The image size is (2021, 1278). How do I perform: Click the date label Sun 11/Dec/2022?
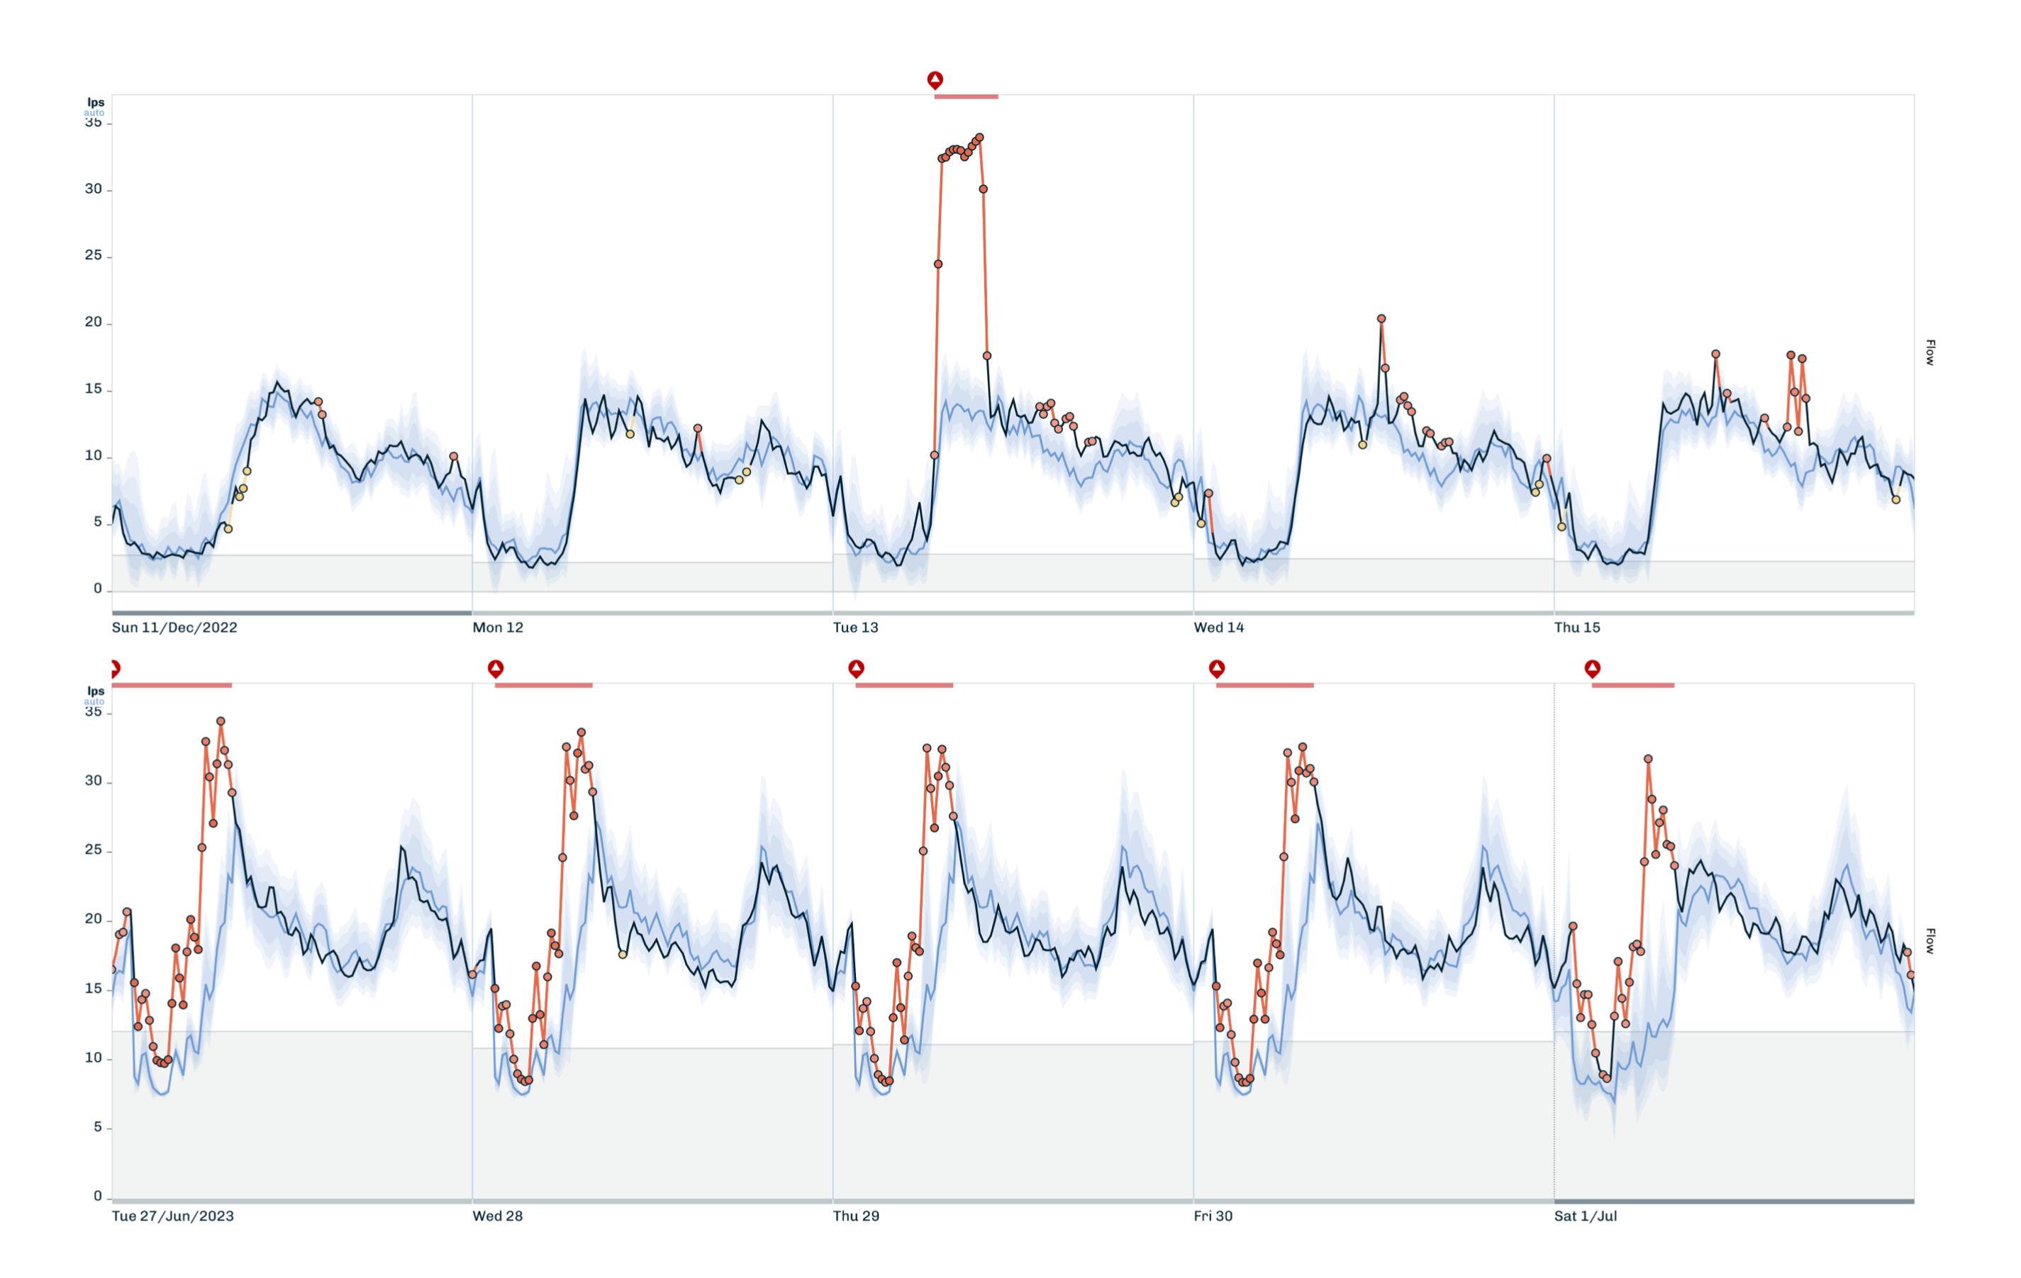click(174, 628)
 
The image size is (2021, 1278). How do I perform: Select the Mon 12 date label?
click(498, 628)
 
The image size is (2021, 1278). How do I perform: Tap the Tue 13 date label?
click(855, 628)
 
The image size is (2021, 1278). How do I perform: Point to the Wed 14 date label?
click(1219, 628)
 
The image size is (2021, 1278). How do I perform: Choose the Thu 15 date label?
click(1577, 628)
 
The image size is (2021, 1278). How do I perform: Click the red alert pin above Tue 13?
click(935, 79)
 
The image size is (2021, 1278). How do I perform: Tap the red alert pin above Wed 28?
click(496, 669)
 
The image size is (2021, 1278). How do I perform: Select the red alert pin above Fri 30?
click(1217, 669)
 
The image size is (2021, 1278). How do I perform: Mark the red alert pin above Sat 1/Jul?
click(1592, 669)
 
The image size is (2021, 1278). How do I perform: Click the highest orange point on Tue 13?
click(979, 138)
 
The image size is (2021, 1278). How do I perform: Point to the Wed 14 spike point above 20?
click(1381, 319)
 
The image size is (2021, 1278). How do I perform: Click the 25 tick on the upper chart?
click(93, 255)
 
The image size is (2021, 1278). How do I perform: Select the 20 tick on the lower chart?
click(93, 919)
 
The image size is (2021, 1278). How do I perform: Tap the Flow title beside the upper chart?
click(1930, 352)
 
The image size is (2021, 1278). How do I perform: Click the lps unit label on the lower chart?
click(96, 691)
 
